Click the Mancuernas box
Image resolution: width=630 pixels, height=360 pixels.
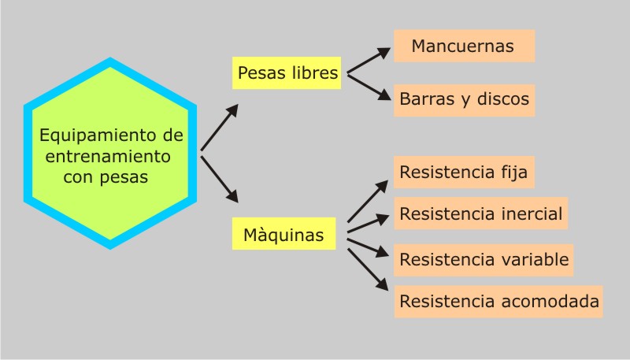point(464,46)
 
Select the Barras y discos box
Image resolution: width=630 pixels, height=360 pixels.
point(464,100)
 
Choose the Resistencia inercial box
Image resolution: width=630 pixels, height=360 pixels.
point(480,213)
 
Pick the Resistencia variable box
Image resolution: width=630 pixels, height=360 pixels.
point(483,258)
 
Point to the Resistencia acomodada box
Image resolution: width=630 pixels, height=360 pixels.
point(498,301)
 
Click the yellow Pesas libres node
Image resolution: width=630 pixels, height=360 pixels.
point(287,73)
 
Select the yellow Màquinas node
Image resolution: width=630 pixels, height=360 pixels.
point(283,236)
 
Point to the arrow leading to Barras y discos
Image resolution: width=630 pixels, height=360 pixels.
point(369,86)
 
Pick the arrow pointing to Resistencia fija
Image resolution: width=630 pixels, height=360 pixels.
point(368,200)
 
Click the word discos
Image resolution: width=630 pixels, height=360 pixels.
point(503,100)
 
